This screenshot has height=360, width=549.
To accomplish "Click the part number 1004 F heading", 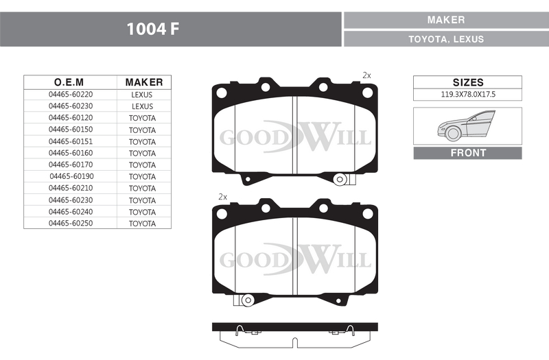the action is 152,29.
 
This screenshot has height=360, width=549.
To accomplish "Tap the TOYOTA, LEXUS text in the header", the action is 446,39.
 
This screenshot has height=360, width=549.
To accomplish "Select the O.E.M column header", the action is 69,82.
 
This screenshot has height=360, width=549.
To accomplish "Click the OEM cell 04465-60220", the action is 71,95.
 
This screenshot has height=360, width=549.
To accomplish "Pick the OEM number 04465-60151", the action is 71,141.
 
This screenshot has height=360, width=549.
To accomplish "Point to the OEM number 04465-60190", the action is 72,176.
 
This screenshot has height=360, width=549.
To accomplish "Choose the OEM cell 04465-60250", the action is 71,224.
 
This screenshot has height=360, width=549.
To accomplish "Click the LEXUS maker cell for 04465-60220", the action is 142,95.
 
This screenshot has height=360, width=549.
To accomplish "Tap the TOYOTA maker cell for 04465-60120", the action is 142,118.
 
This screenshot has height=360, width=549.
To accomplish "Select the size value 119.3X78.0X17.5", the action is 468,95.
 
